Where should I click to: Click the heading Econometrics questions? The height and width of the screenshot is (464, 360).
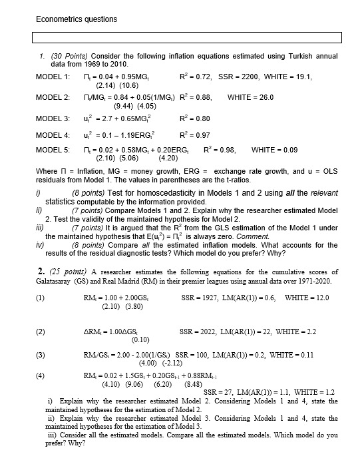coord(77,19)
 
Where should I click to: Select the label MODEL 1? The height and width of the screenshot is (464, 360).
coord(53,77)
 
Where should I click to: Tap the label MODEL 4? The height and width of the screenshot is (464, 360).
coord(53,135)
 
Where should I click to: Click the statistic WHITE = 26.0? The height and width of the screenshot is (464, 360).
coord(250,97)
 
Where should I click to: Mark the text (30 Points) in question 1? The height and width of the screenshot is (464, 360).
coord(71,57)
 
